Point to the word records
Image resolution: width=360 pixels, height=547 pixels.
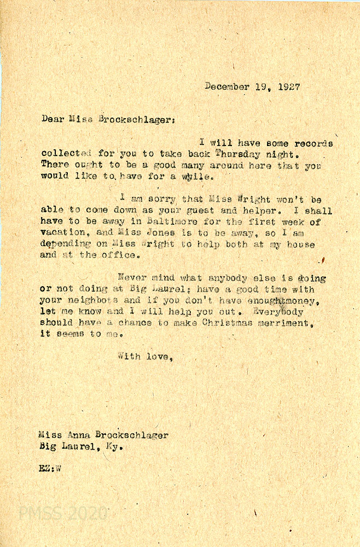coord(313,143)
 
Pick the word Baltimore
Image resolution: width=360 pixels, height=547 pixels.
coord(170,222)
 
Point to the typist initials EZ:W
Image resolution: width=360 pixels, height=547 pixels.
coord(50,468)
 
